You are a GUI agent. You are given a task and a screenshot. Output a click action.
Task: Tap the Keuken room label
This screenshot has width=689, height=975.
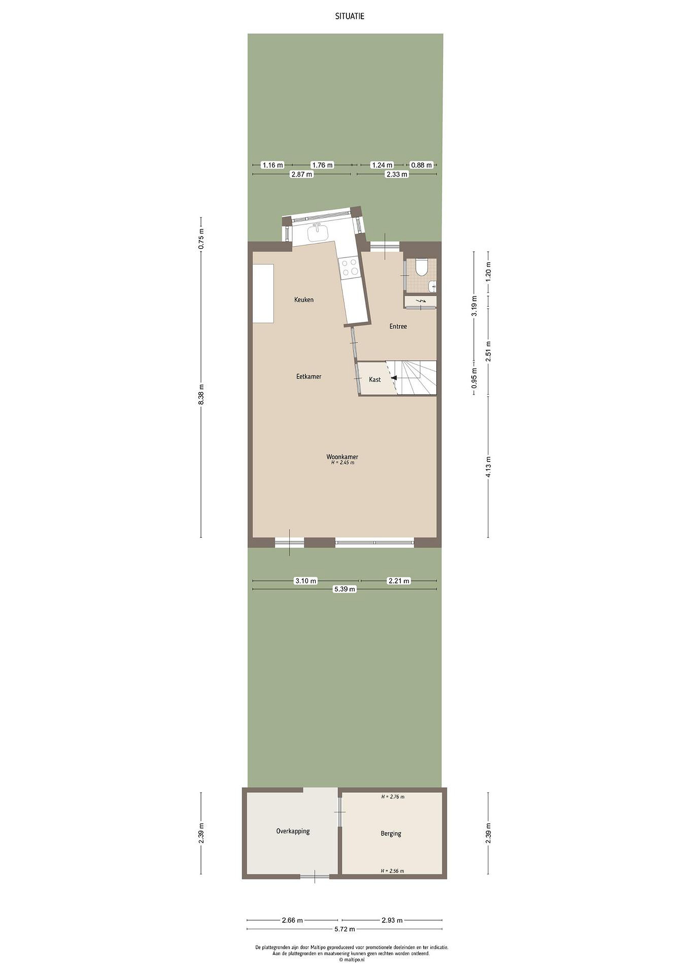[x=304, y=300]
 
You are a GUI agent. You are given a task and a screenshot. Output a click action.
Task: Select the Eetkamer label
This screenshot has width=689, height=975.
[x=308, y=377]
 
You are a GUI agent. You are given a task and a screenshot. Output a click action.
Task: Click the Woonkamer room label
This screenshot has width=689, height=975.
[x=342, y=457]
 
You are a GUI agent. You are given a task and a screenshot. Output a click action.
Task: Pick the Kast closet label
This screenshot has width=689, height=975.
[x=375, y=380]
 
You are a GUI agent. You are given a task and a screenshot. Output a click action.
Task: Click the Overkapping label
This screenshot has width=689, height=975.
[x=293, y=831]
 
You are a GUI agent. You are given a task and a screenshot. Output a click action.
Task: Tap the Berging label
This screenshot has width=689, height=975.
[x=391, y=833]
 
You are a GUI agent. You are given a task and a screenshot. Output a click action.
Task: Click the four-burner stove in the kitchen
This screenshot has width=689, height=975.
[x=349, y=267]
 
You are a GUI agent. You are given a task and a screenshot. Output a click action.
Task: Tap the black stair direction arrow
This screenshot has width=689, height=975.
[x=394, y=378]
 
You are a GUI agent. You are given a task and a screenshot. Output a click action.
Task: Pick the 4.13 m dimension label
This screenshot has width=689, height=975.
[x=488, y=467]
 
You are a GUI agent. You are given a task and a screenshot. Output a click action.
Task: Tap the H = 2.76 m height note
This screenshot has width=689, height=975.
[x=392, y=797]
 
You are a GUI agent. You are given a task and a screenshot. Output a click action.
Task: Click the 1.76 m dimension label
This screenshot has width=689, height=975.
[x=322, y=165]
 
